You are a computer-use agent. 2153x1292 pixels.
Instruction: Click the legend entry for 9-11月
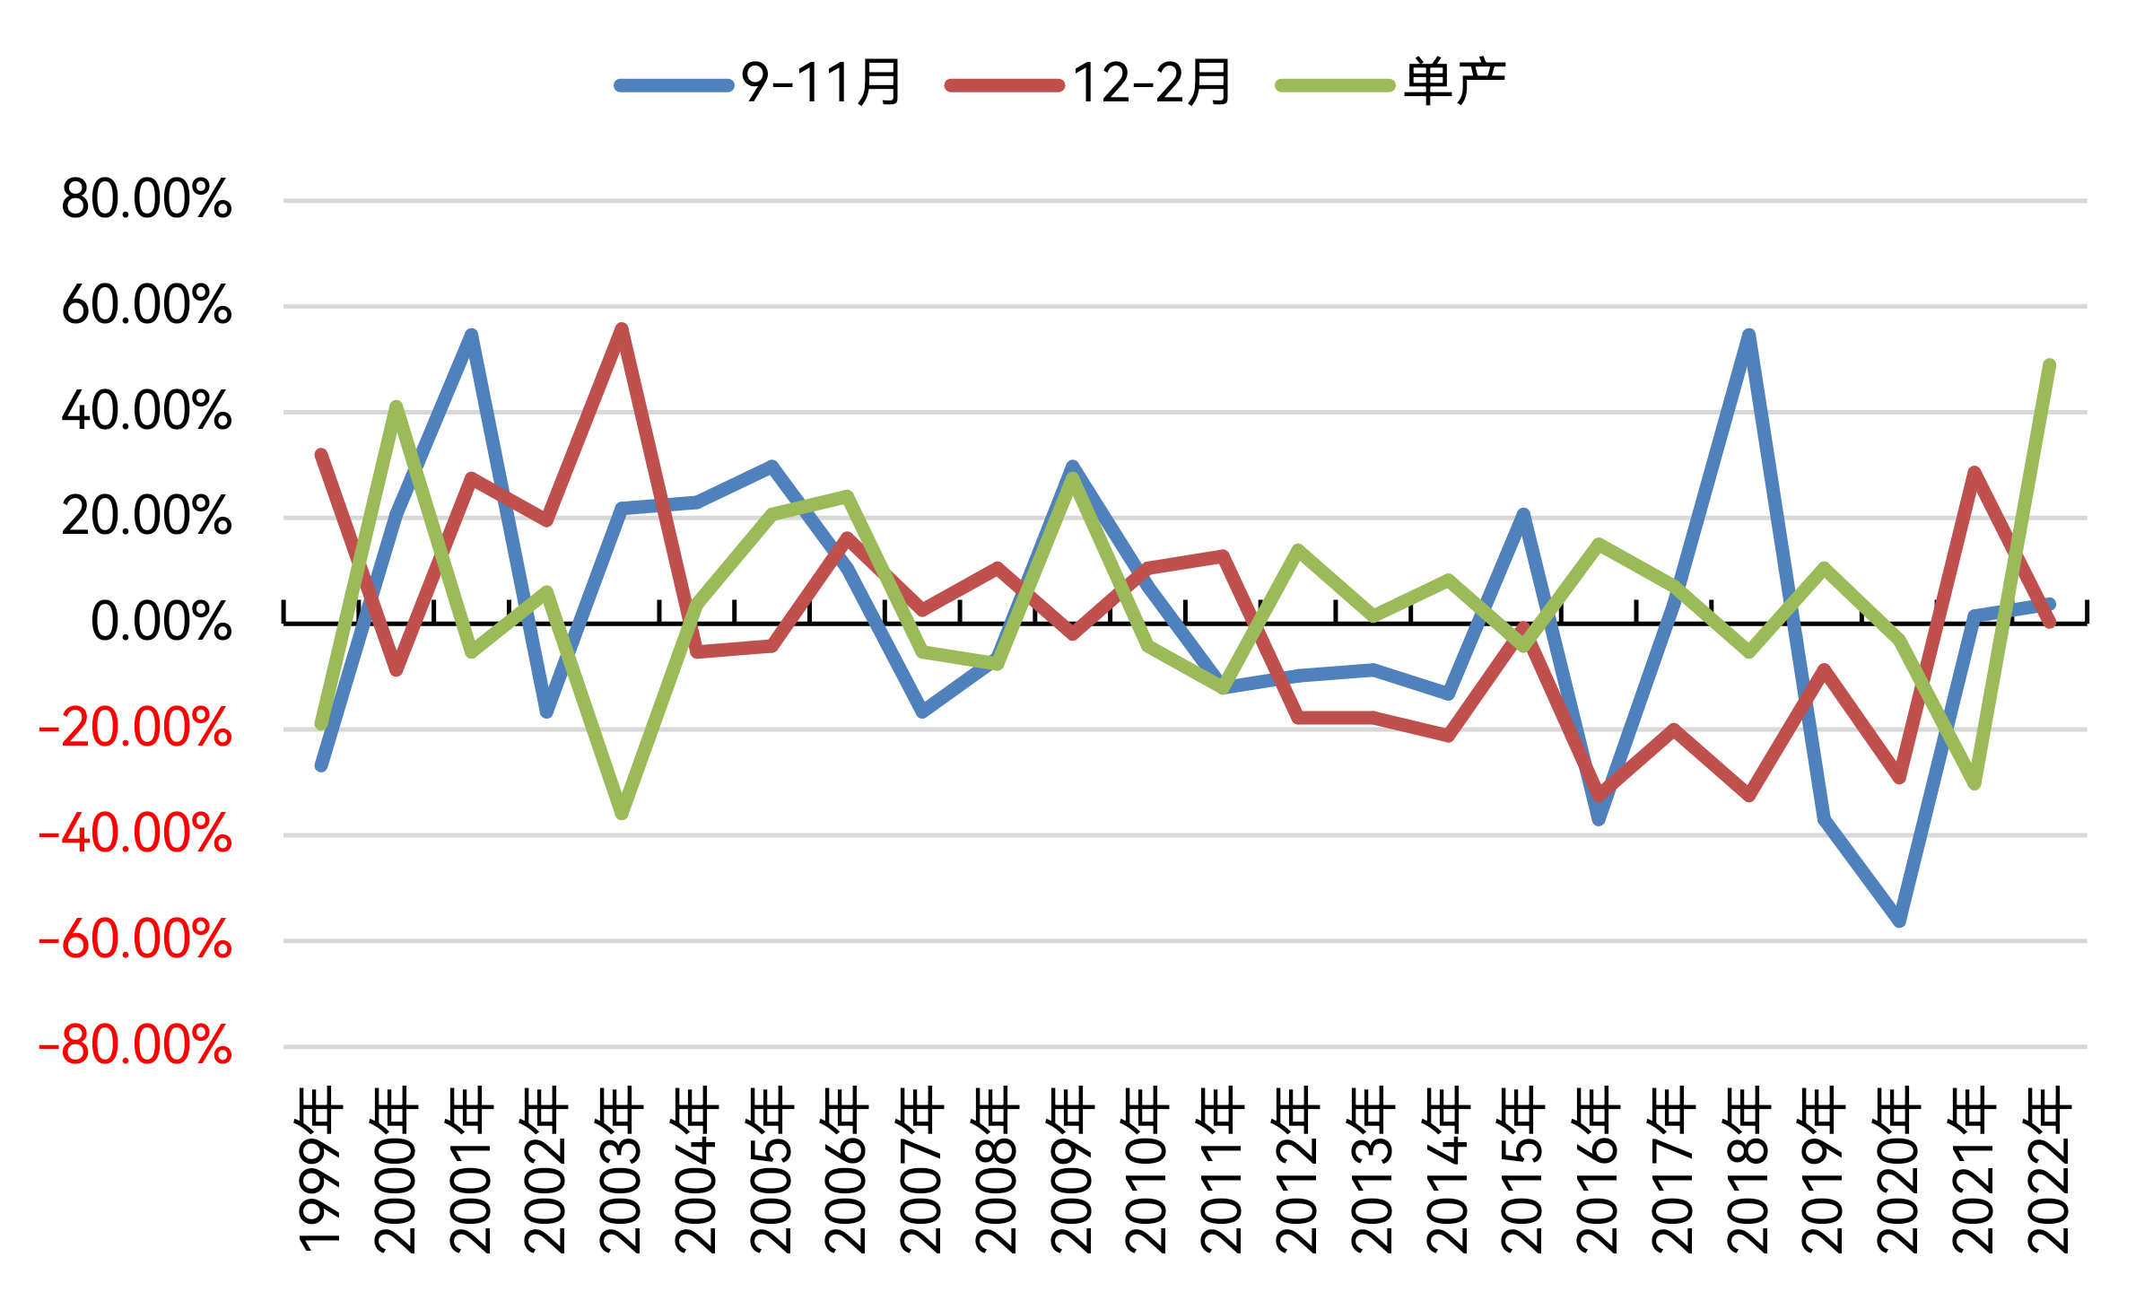point(758,83)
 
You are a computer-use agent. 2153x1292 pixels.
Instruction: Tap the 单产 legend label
point(1391,83)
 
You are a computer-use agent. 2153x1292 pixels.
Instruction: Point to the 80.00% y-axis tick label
point(147,199)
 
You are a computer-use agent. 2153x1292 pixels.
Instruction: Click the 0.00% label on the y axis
point(161,622)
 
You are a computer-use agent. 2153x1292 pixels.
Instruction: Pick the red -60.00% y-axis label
point(135,939)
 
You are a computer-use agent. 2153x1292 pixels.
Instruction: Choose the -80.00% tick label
point(135,1045)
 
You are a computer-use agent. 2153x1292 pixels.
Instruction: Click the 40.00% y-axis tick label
point(147,411)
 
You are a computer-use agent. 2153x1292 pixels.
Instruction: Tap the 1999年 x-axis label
point(320,1169)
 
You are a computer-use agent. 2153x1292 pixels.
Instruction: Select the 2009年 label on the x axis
point(1072,1169)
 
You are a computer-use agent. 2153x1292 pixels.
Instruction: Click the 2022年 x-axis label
point(2049,1169)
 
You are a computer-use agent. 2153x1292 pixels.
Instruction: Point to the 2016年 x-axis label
point(1598,1169)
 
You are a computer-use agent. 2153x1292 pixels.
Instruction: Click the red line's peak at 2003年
point(622,329)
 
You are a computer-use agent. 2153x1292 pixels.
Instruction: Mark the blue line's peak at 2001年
point(472,335)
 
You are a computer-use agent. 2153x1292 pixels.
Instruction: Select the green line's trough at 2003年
point(622,814)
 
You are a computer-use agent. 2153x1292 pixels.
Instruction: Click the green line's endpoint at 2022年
point(2049,365)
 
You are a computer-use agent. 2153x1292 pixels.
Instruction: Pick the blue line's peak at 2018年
point(1748,335)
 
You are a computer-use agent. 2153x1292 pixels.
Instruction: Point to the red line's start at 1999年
point(321,455)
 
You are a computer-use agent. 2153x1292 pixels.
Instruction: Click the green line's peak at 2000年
point(397,406)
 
